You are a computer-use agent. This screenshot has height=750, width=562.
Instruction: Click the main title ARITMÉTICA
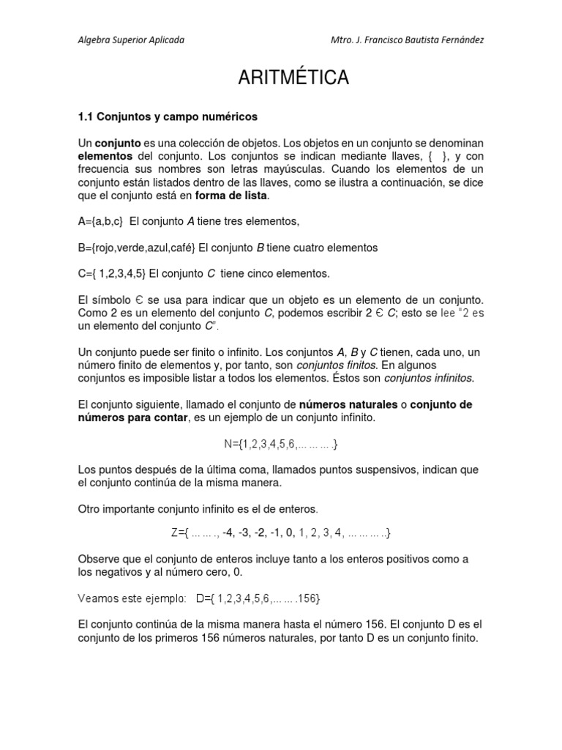(293, 78)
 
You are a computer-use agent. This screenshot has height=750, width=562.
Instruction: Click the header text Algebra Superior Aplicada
(131, 40)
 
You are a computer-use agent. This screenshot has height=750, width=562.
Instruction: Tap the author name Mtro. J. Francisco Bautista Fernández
(407, 40)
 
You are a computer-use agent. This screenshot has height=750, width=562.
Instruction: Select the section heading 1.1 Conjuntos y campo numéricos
(168, 116)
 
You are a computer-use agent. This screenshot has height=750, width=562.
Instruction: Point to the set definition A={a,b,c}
(101, 221)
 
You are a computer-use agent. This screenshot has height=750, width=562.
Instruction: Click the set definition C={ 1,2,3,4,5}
(112, 273)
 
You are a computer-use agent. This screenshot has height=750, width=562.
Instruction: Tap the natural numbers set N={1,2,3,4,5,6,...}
(281, 444)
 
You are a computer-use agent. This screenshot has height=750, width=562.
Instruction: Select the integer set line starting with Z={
(281, 534)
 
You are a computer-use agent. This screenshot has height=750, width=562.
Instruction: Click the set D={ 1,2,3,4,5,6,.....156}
(258, 598)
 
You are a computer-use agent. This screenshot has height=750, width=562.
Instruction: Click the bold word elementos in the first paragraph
(105, 156)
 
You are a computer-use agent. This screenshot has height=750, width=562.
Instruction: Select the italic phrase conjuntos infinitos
(429, 378)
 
